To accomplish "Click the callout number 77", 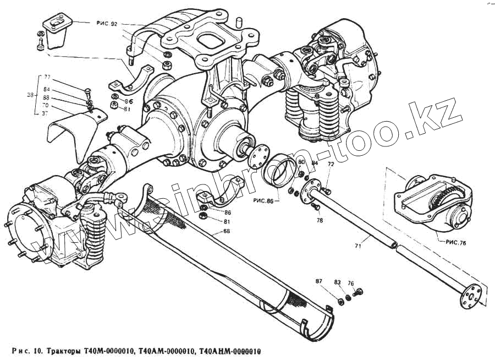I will tap(47, 77).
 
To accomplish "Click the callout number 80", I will tap(301, 162).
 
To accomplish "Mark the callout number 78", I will tap(320, 220).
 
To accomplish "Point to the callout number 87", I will tap(319, 282).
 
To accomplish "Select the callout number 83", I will tap(338, 282).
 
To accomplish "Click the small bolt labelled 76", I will tap(360, 292).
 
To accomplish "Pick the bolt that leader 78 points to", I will tap(314, 206).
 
